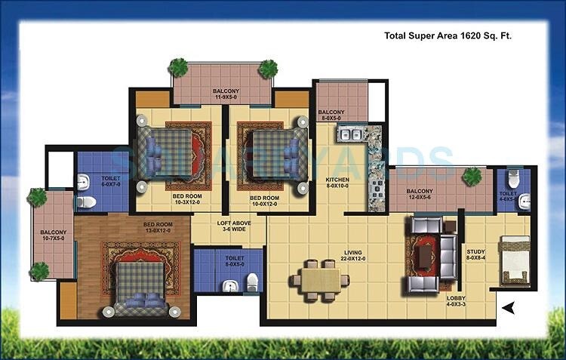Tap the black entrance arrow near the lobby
(509, 307)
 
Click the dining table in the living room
(318, 277)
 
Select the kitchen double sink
(349, 136)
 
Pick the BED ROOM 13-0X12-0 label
(159, 226)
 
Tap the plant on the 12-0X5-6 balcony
(472, 177)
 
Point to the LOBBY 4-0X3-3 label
(457, 300)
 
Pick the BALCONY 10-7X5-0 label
(54, 235)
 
